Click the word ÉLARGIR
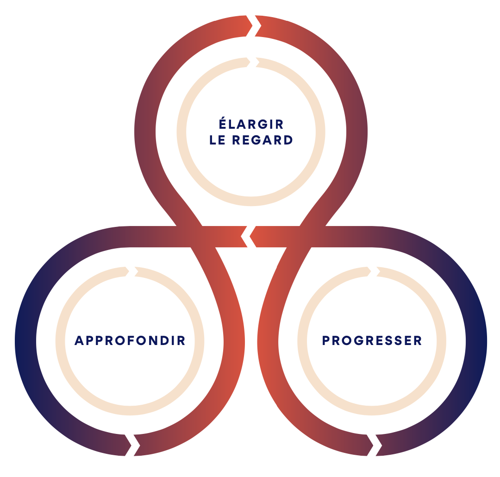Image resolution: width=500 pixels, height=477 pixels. (x=251, y=124)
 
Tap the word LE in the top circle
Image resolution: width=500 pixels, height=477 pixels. (x=218, y=140)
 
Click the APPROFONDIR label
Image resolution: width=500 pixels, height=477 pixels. (x=130, y=341)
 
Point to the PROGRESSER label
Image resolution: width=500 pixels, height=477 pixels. (x=372, y=341)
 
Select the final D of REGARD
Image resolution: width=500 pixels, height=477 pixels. (x=288, y=140)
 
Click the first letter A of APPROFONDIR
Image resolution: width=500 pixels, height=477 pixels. (x=79, y=341)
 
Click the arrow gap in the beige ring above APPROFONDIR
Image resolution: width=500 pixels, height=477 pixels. (x=131, y=272)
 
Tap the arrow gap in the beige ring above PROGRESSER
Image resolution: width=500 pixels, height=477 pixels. (x=373, y=272)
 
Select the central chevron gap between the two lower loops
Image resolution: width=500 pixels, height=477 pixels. (x=248, y=237)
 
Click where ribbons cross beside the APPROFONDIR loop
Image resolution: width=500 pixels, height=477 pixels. (x=196, y=237)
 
